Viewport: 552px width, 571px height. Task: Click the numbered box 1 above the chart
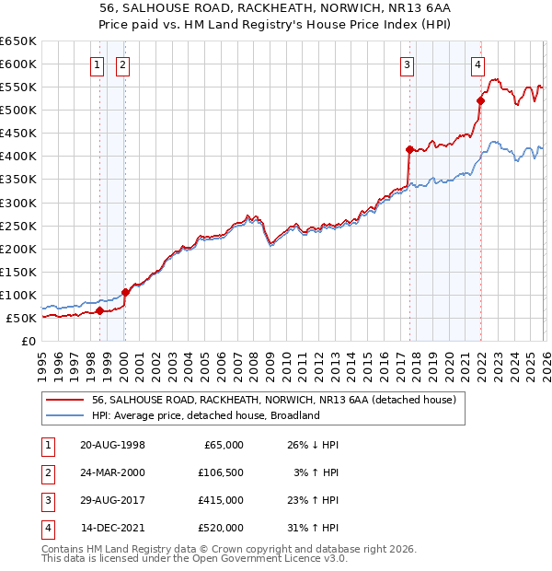98,64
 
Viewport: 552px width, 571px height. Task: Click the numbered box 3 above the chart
407,64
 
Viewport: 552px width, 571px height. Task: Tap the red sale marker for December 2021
480,101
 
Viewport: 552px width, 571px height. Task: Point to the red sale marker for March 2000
125,292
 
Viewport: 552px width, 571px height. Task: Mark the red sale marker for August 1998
99,311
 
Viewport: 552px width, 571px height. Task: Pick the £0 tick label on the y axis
29,342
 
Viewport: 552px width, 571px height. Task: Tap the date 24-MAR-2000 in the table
112,472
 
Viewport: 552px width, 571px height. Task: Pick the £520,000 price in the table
221,528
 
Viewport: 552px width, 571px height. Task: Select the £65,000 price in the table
224,444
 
